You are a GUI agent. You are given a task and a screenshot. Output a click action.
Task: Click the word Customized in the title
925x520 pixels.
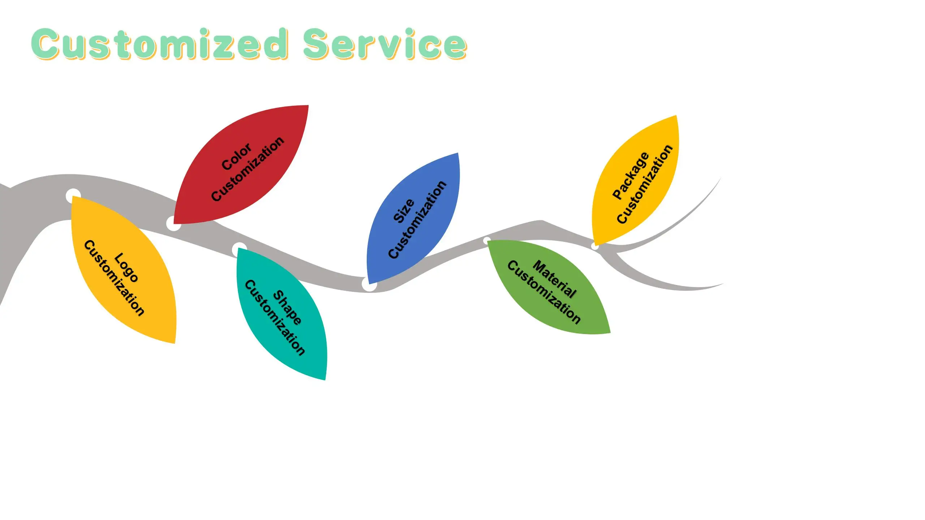tap(159, 44)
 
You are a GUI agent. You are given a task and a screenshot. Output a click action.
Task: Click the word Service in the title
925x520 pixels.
tap(384, 44)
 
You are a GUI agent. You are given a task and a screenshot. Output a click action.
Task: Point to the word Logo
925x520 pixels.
tap(126, 267)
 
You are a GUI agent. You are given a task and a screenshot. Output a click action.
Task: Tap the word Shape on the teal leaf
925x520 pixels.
tap(287, 307)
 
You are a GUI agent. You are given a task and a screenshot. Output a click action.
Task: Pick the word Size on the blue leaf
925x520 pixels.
tap(403, 211)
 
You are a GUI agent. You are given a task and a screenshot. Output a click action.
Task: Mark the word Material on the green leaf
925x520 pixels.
tap(554, 279)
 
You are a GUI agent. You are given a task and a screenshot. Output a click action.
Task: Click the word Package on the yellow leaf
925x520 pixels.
tap(631, 175)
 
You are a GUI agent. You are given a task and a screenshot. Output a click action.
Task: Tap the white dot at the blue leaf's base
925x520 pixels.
tap(369, 285)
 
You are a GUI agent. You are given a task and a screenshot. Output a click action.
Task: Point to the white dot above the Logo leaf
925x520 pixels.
tap(73, 195)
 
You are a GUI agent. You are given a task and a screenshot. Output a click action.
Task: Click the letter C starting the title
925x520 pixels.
tap(45, 44)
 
